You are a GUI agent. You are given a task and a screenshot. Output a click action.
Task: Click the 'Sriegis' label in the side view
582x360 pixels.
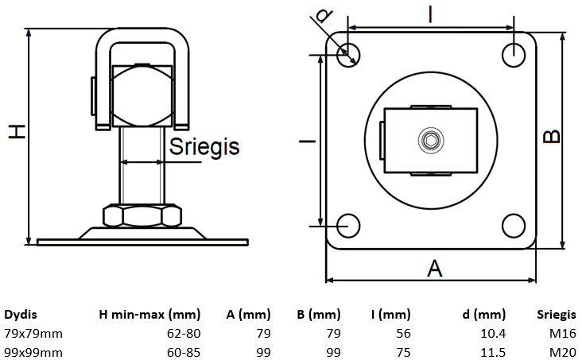(205, 146)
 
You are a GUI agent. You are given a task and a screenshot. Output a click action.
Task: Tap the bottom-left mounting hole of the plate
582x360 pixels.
(347, 225)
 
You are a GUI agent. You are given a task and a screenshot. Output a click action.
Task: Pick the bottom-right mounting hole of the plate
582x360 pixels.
(513, 225)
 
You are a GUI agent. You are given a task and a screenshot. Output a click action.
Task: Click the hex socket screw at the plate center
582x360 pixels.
(430, 141)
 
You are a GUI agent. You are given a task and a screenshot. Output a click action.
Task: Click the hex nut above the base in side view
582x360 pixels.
(143, 215)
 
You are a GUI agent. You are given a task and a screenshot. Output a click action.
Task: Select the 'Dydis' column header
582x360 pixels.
(21, 314)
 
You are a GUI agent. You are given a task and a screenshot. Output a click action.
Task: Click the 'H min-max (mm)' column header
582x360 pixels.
(149, 314)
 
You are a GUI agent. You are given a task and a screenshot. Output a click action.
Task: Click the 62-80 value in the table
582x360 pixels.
(184, 332)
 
